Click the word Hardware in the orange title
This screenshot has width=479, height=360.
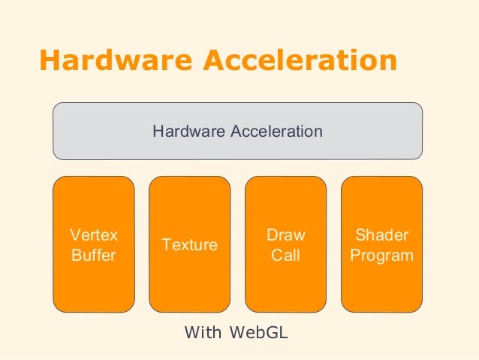113,61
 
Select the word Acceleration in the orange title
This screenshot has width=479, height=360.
296,61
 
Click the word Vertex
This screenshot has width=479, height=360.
93,235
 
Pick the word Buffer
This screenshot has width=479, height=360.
93,256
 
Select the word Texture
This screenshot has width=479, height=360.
190,245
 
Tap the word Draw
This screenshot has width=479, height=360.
286,235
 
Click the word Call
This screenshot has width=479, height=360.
286,256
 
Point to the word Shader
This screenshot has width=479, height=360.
382,235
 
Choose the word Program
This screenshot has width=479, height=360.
382,256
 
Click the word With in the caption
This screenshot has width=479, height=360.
203,331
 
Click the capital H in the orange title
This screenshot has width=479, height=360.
50,61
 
